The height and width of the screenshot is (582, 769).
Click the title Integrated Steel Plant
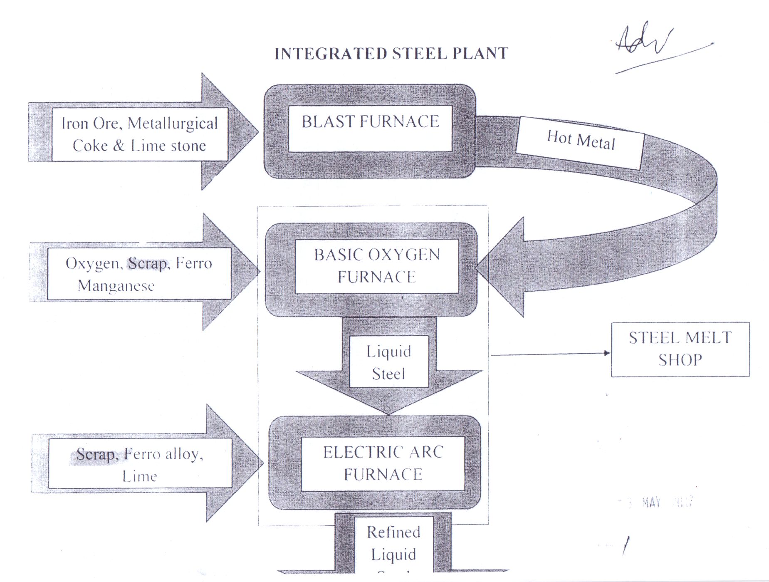pos(391,54)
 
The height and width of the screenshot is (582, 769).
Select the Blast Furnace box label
pos(370,121)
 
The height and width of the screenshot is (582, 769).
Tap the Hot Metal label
pos(581,140)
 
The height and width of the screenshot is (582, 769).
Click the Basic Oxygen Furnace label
pos(377,266)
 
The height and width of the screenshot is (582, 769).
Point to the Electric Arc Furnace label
pos(383,463)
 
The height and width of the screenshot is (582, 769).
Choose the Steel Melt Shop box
pos(680,349)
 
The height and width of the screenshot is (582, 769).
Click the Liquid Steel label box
pos(389,362)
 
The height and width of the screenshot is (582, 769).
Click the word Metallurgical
pos(173,123)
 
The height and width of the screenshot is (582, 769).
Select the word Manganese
pos(116,286)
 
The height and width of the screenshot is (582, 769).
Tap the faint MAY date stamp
pos(651,503)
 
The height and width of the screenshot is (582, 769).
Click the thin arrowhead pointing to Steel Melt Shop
pos(607,353)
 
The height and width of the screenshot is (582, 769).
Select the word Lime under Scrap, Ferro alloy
pos(140,476)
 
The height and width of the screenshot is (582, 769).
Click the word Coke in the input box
pos(90,146)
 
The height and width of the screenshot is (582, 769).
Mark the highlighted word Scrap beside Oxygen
pos(148,263)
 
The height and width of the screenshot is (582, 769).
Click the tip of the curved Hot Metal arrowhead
pos(477,267)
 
